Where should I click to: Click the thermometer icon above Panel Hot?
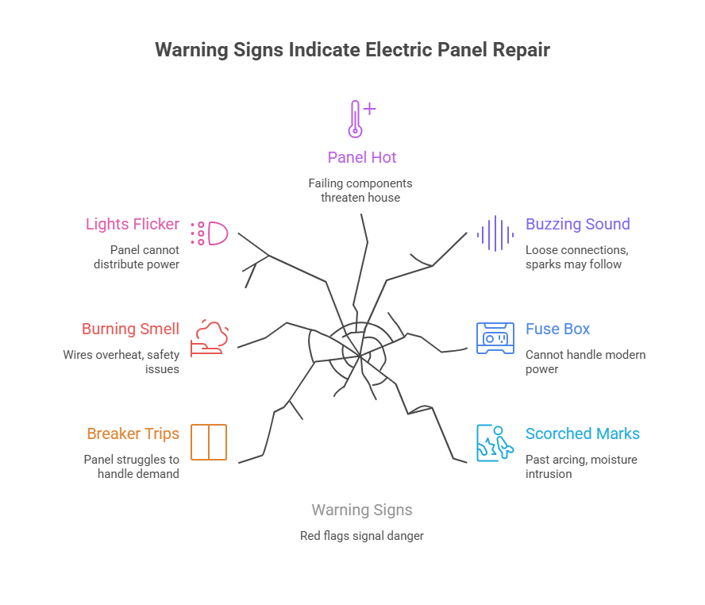pyautogui.click(x=358, y=119)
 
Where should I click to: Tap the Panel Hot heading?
pyautogui.click(x=362, y=157)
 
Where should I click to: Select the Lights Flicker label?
pyautogui.click(x=133, y=224)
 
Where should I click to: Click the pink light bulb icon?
pyautogui.click(x=210, y=233)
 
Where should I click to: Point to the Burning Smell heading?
pyautogui.click(x=131, y=329)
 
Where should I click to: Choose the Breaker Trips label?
pyautogui.click(x=133, y=434)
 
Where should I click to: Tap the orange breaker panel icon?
pyautogui.click(x=210, y=442)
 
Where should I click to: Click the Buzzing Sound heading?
pyautogui.click(x=577, y=224)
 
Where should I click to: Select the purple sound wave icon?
pyautogui.click(x=495, y=233)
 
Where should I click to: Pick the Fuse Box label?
pyautogui.click(x=557, y=329)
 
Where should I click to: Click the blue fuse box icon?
pyautogui.click(x=495, y=337)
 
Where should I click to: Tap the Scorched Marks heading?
pyautogui.click(x=582, y=434)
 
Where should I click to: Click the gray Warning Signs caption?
pyautogui.click(x=362, y=510)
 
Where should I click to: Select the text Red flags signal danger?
pyautogui.click(x=362, y=536)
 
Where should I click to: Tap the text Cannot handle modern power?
pyautogui.click(x=585, y=361)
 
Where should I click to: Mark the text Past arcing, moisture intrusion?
pyautogui.click(x=581, y=466)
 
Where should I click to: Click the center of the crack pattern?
pyautogui.click(x=360, y=355)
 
